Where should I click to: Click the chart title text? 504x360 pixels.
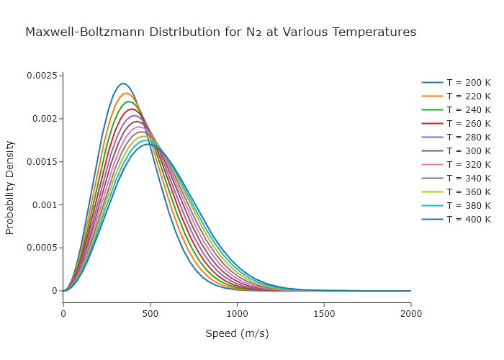[x=220, y=32]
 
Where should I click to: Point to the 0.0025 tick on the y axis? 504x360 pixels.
[x=42, y=76]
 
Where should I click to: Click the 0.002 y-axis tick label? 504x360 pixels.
[x=44, y=119]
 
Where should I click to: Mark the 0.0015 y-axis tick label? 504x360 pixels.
[x=42, y=162]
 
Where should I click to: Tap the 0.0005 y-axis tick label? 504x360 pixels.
[x=42, y=248]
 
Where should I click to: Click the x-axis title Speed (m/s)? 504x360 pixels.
[x=237, y=333]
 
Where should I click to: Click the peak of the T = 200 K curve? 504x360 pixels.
[x=123, y=84]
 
